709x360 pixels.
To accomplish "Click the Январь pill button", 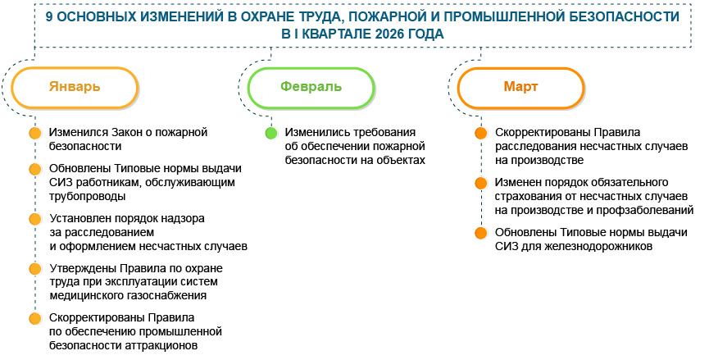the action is coord(75,87).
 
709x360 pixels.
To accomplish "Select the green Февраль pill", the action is coord(311,87).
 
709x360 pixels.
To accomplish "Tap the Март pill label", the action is coord(521,87).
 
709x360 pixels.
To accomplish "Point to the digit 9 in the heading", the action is coord(49,17).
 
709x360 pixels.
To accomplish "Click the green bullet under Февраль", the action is coord(271,134).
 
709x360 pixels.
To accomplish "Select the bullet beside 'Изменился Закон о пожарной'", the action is coord(35,134).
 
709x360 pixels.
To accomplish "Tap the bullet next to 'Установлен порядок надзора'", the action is coord(35,219).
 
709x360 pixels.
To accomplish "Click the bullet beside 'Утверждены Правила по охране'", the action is coord(35,269).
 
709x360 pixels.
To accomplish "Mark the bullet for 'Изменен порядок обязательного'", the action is coord(481,183).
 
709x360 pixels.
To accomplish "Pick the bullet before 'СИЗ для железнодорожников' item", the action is coord(481,233).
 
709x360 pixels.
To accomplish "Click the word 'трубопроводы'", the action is coord(87,197).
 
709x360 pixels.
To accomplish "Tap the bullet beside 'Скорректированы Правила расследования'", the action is coord(481,134).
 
